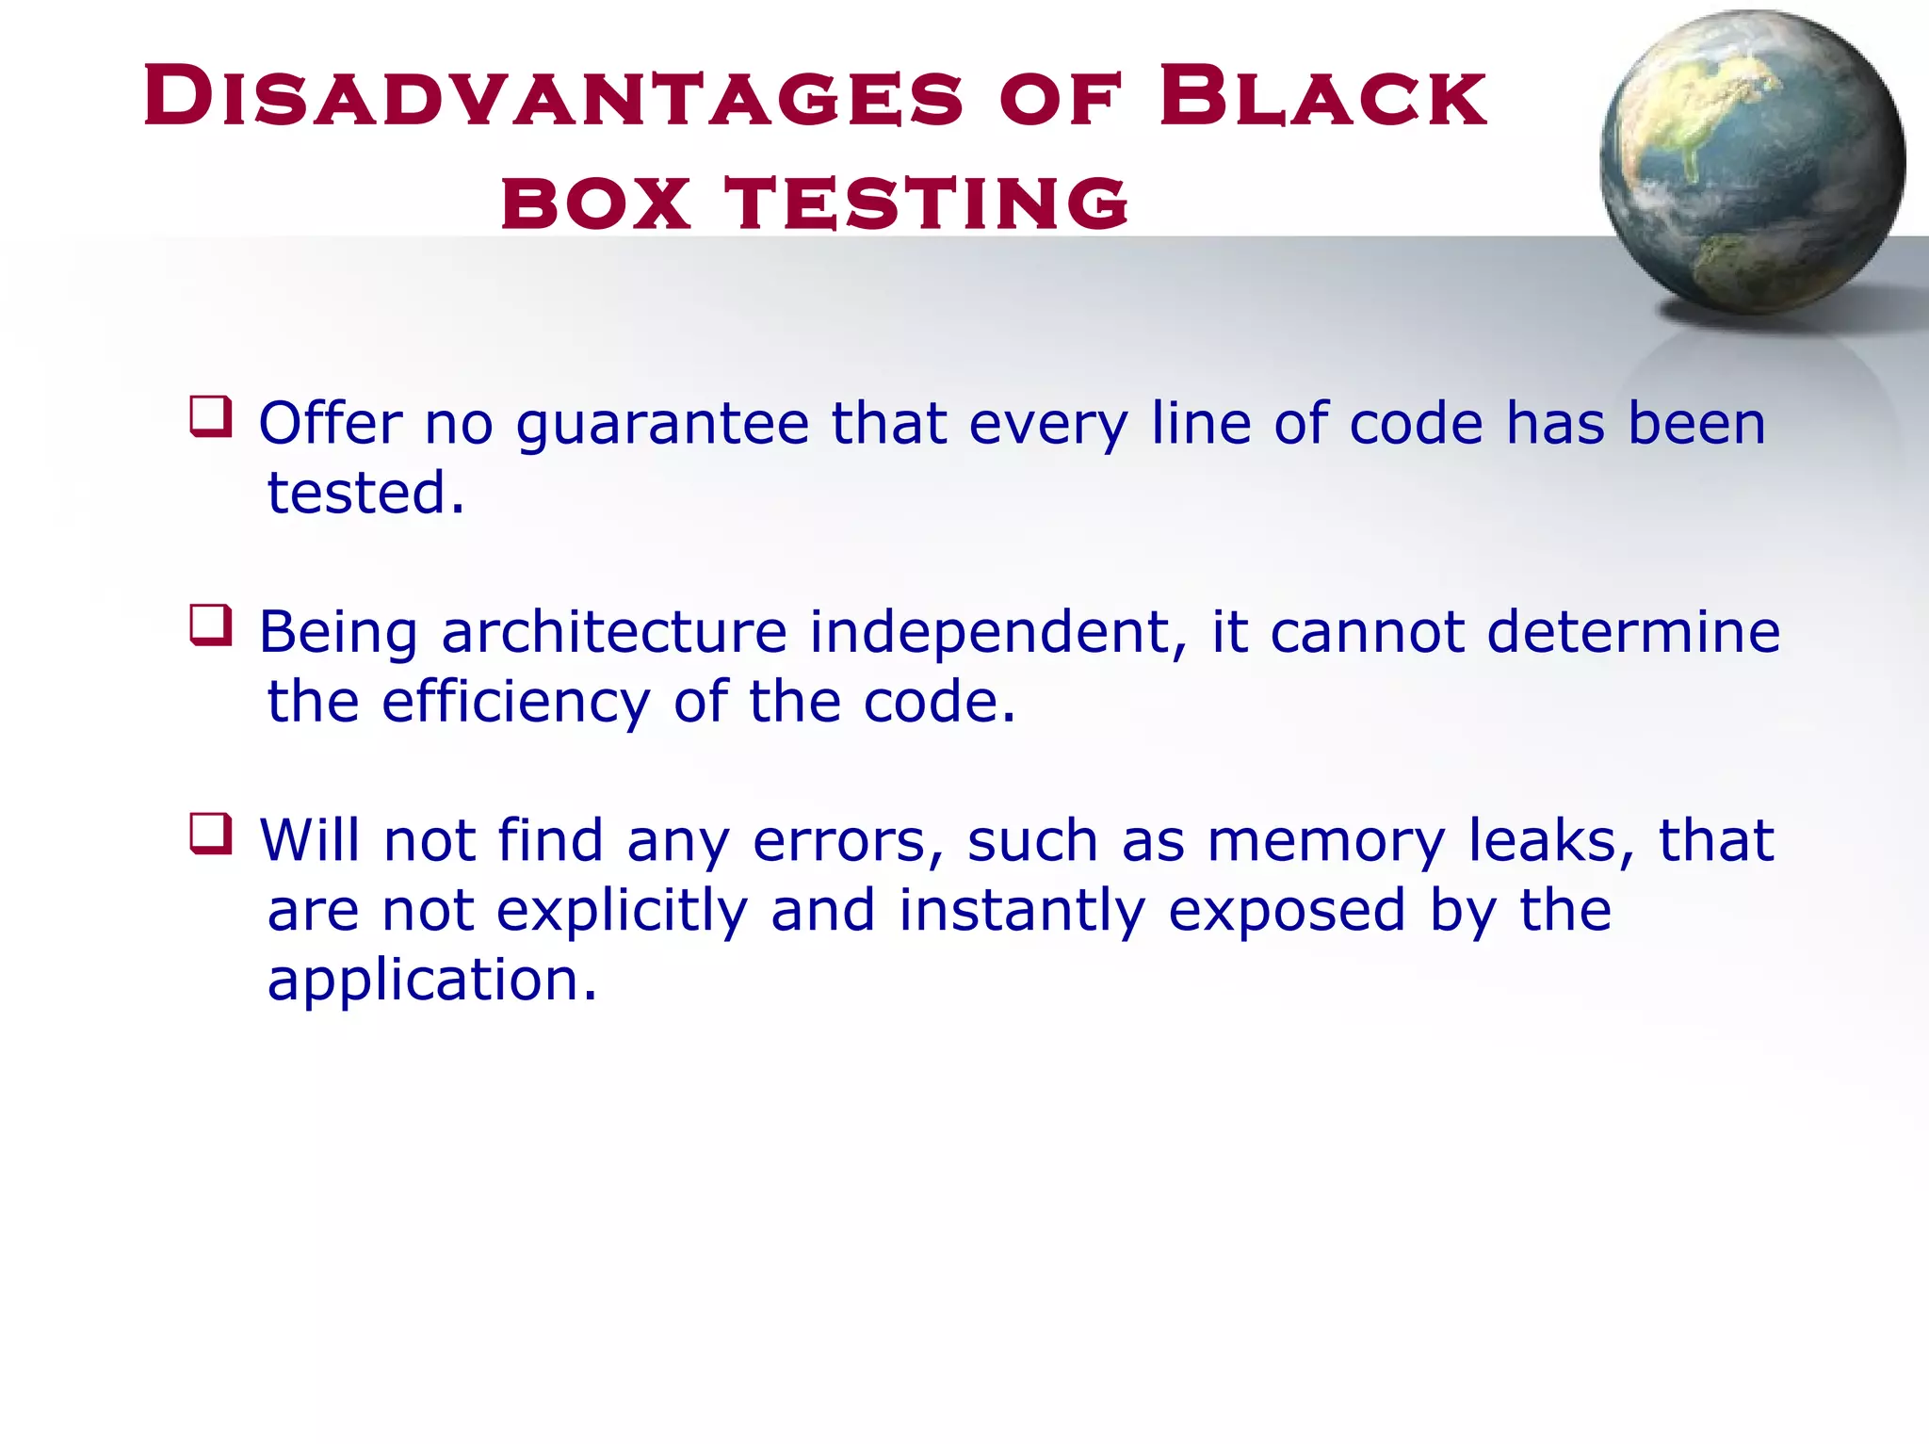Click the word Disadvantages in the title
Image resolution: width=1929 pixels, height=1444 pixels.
point(554,97)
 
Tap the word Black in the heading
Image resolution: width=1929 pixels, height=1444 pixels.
point(1323,97)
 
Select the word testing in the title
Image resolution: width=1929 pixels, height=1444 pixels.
point(927,203)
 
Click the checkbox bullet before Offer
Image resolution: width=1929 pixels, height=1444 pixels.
point(211,416)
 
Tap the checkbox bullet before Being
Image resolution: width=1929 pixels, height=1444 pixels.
point(211,625)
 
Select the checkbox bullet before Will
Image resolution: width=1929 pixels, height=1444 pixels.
point(211,834)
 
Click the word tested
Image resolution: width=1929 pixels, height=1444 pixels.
point(365,493)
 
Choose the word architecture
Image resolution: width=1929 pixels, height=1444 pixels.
point(614,632)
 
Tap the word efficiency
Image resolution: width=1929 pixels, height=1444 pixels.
point(515,703)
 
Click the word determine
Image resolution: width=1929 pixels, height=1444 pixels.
point(1633,632)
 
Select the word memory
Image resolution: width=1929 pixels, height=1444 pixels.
point(1326,842)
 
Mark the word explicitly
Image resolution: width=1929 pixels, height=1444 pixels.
point(622,912)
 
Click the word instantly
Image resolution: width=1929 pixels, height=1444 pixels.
point(1021,912)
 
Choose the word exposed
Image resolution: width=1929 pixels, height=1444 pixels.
point(1288,912)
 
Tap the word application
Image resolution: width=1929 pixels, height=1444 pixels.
point(431,982)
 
